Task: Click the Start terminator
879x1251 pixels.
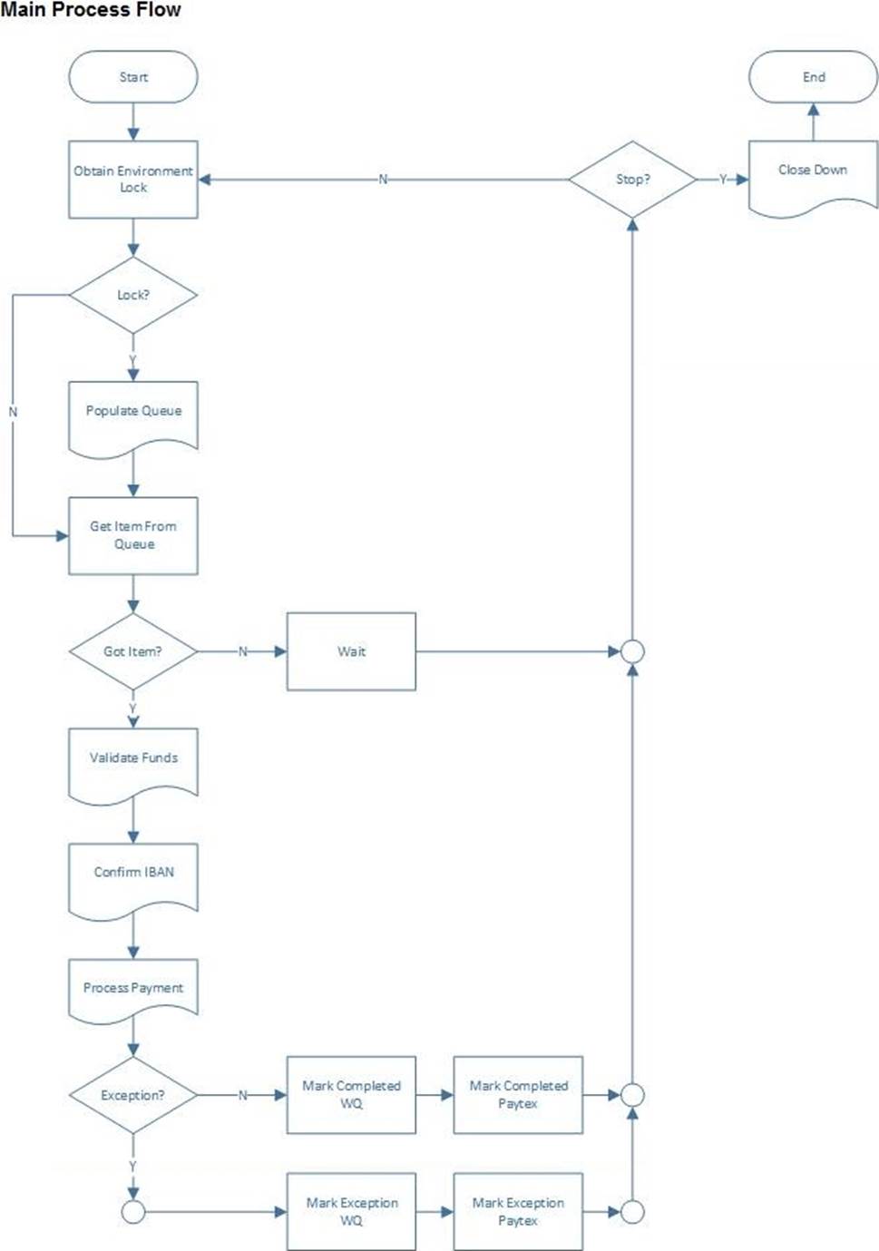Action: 133,77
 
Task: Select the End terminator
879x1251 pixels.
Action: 813,77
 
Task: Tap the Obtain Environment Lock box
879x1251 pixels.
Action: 133,180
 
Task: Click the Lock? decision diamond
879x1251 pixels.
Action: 133,295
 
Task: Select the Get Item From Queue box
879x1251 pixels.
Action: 133,535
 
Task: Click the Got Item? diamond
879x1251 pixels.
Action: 133,651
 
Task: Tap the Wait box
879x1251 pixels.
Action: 351,651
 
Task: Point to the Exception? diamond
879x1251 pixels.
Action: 133,1095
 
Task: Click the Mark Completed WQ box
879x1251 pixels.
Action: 351,1095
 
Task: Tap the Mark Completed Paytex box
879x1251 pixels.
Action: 518,1095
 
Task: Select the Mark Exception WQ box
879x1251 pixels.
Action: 351,1211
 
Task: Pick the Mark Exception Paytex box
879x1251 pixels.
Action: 518,1211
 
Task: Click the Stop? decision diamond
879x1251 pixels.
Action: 633,180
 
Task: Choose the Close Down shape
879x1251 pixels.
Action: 813,176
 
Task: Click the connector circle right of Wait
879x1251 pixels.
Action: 633,651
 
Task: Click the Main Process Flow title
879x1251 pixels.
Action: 91,9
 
